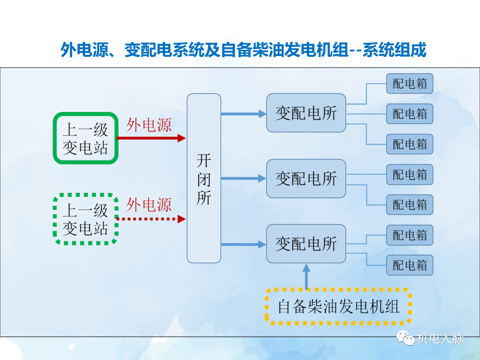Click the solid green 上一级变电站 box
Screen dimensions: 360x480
click(86, 138)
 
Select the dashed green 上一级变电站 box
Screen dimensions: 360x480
click(86, 219)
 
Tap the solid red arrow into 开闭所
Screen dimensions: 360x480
click(151, 138)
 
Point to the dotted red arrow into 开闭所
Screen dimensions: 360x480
click(151, 219)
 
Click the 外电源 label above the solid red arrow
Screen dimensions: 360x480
click(148, 125)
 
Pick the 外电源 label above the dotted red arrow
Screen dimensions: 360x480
click(148, 205)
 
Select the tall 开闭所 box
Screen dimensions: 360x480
click(204, 178)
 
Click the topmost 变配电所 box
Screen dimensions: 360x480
click(306, 113)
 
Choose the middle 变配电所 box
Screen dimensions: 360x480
click(306, 179)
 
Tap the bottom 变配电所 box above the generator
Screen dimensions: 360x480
click(306, 244)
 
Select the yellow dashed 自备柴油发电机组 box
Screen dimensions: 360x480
click(338, 307)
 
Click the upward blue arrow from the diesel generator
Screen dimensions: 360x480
click(306, 276)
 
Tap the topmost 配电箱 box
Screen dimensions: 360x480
click(409, 84)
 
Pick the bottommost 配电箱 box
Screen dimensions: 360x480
click(409, 265)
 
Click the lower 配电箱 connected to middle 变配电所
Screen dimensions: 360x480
click(409, 205)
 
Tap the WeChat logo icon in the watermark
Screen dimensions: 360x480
click(406, 339)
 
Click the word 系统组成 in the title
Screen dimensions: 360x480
click(395, 50)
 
